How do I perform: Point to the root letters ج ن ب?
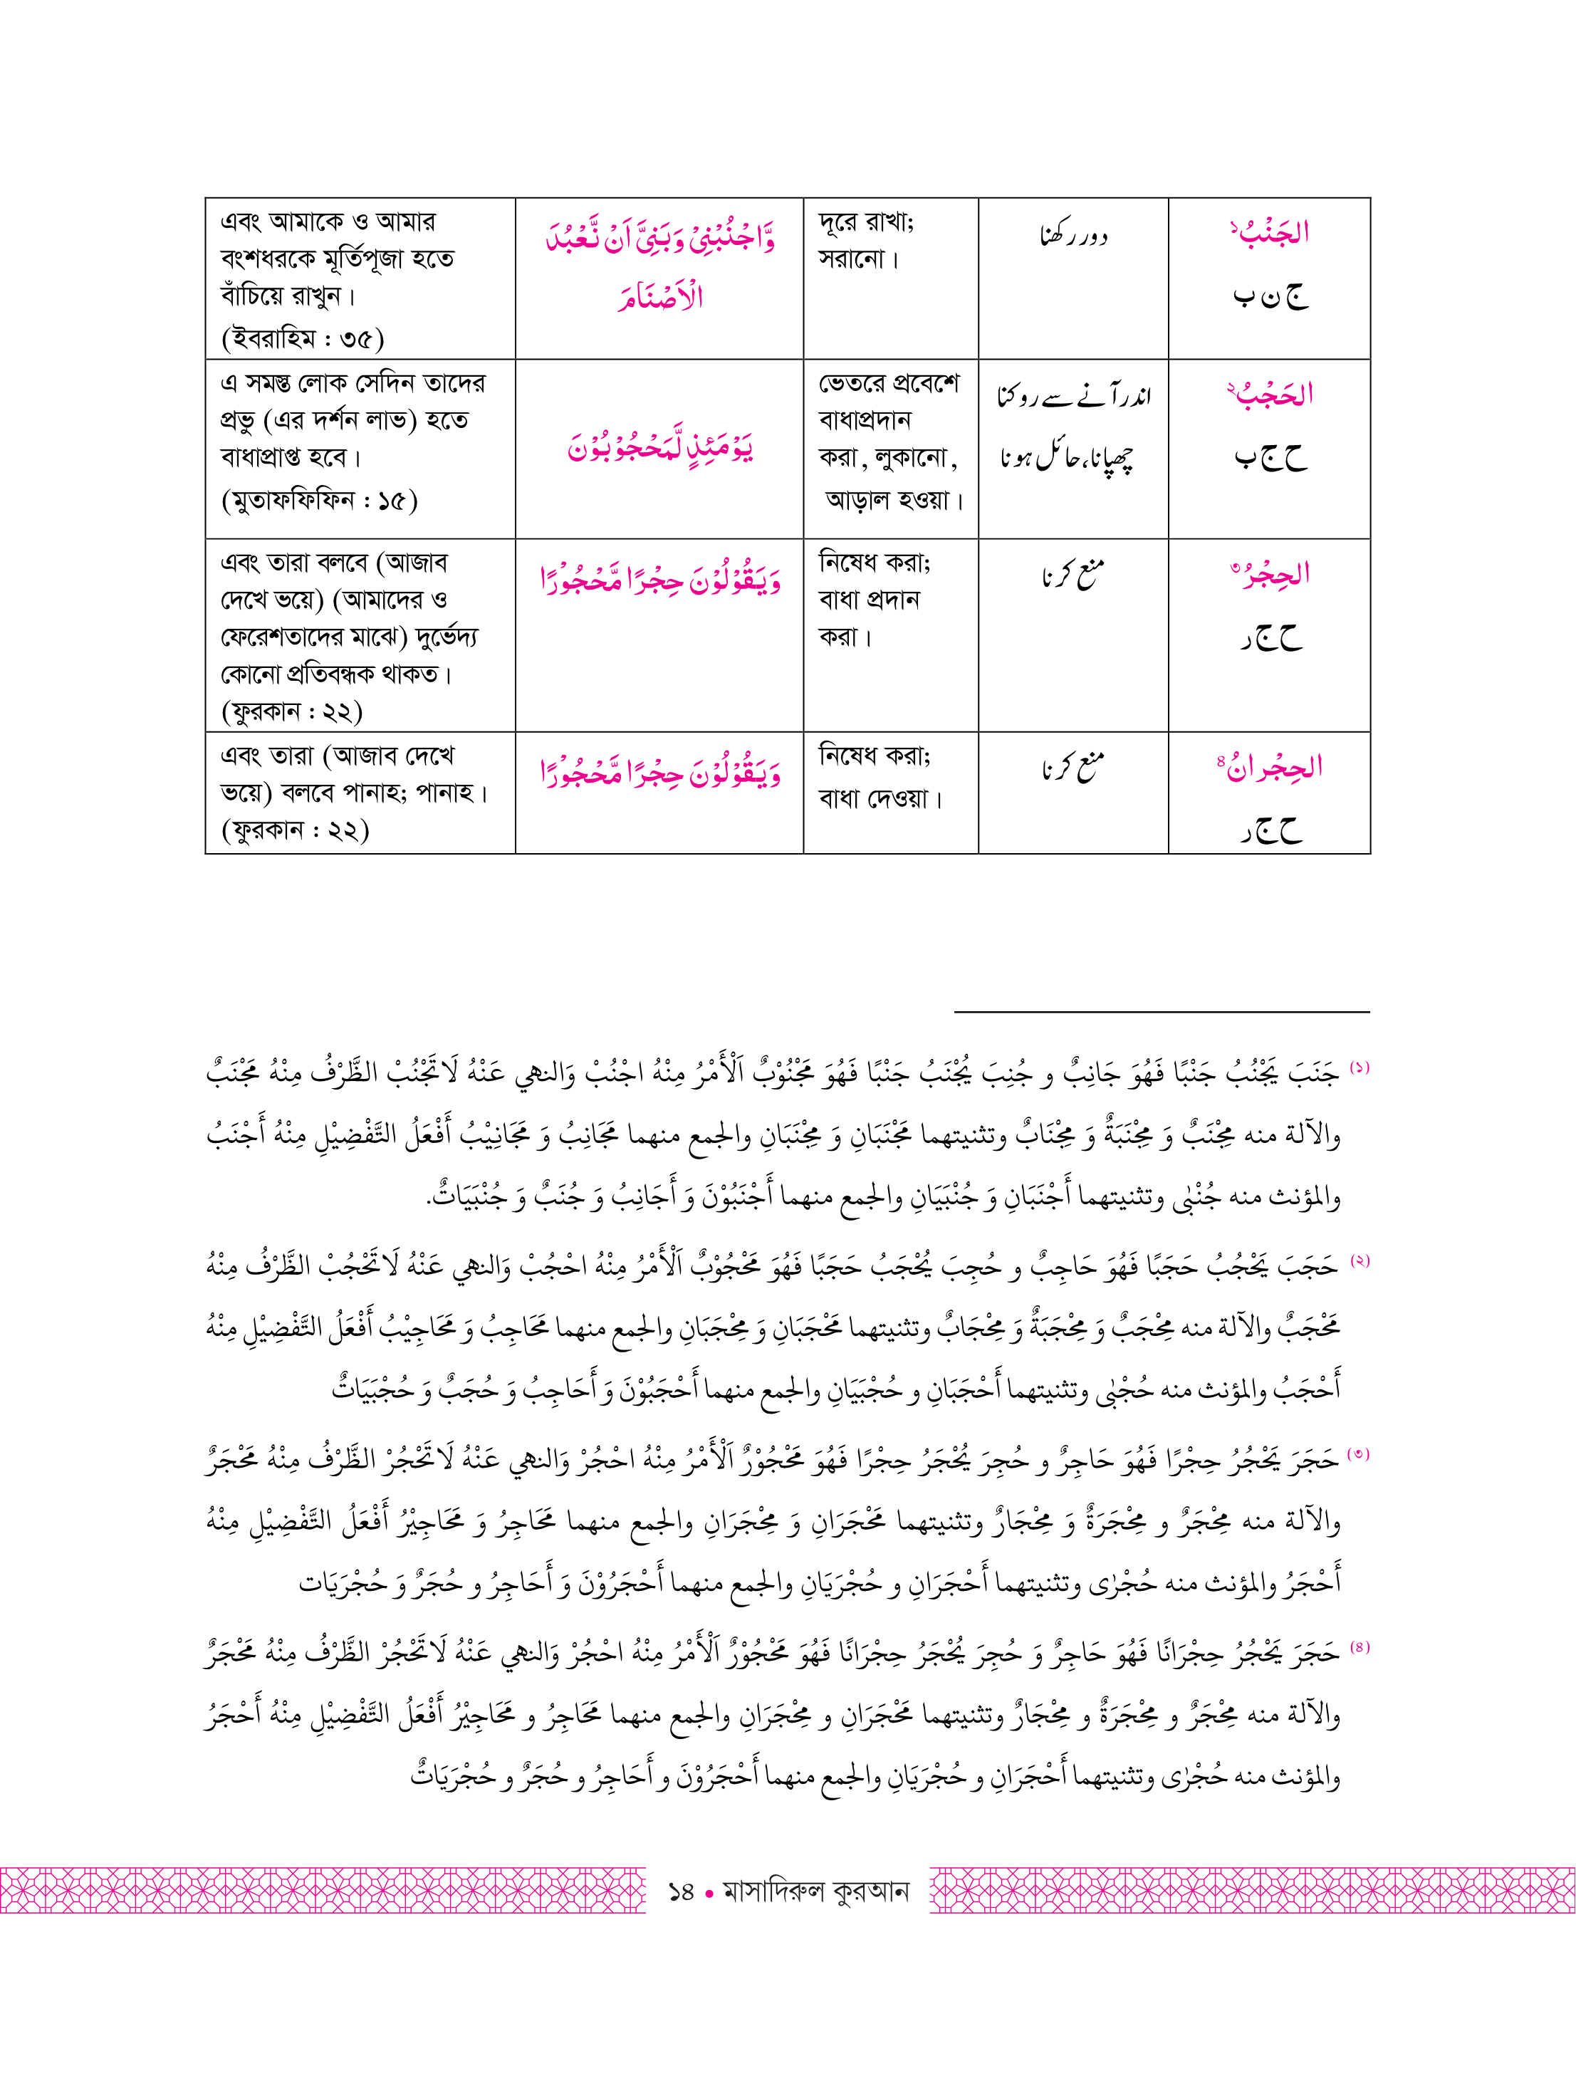(1270, 298)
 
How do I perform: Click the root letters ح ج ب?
(1270, 459)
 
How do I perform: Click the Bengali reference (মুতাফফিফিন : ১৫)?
(319, 499)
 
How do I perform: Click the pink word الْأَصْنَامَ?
(661, 298)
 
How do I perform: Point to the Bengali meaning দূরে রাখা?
(865, 222)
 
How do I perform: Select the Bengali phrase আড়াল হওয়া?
(894, 500)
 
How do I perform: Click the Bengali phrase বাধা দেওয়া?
(880, 798)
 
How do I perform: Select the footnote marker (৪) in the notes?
(1359, 1648)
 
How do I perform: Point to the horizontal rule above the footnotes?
(1162, 1013)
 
